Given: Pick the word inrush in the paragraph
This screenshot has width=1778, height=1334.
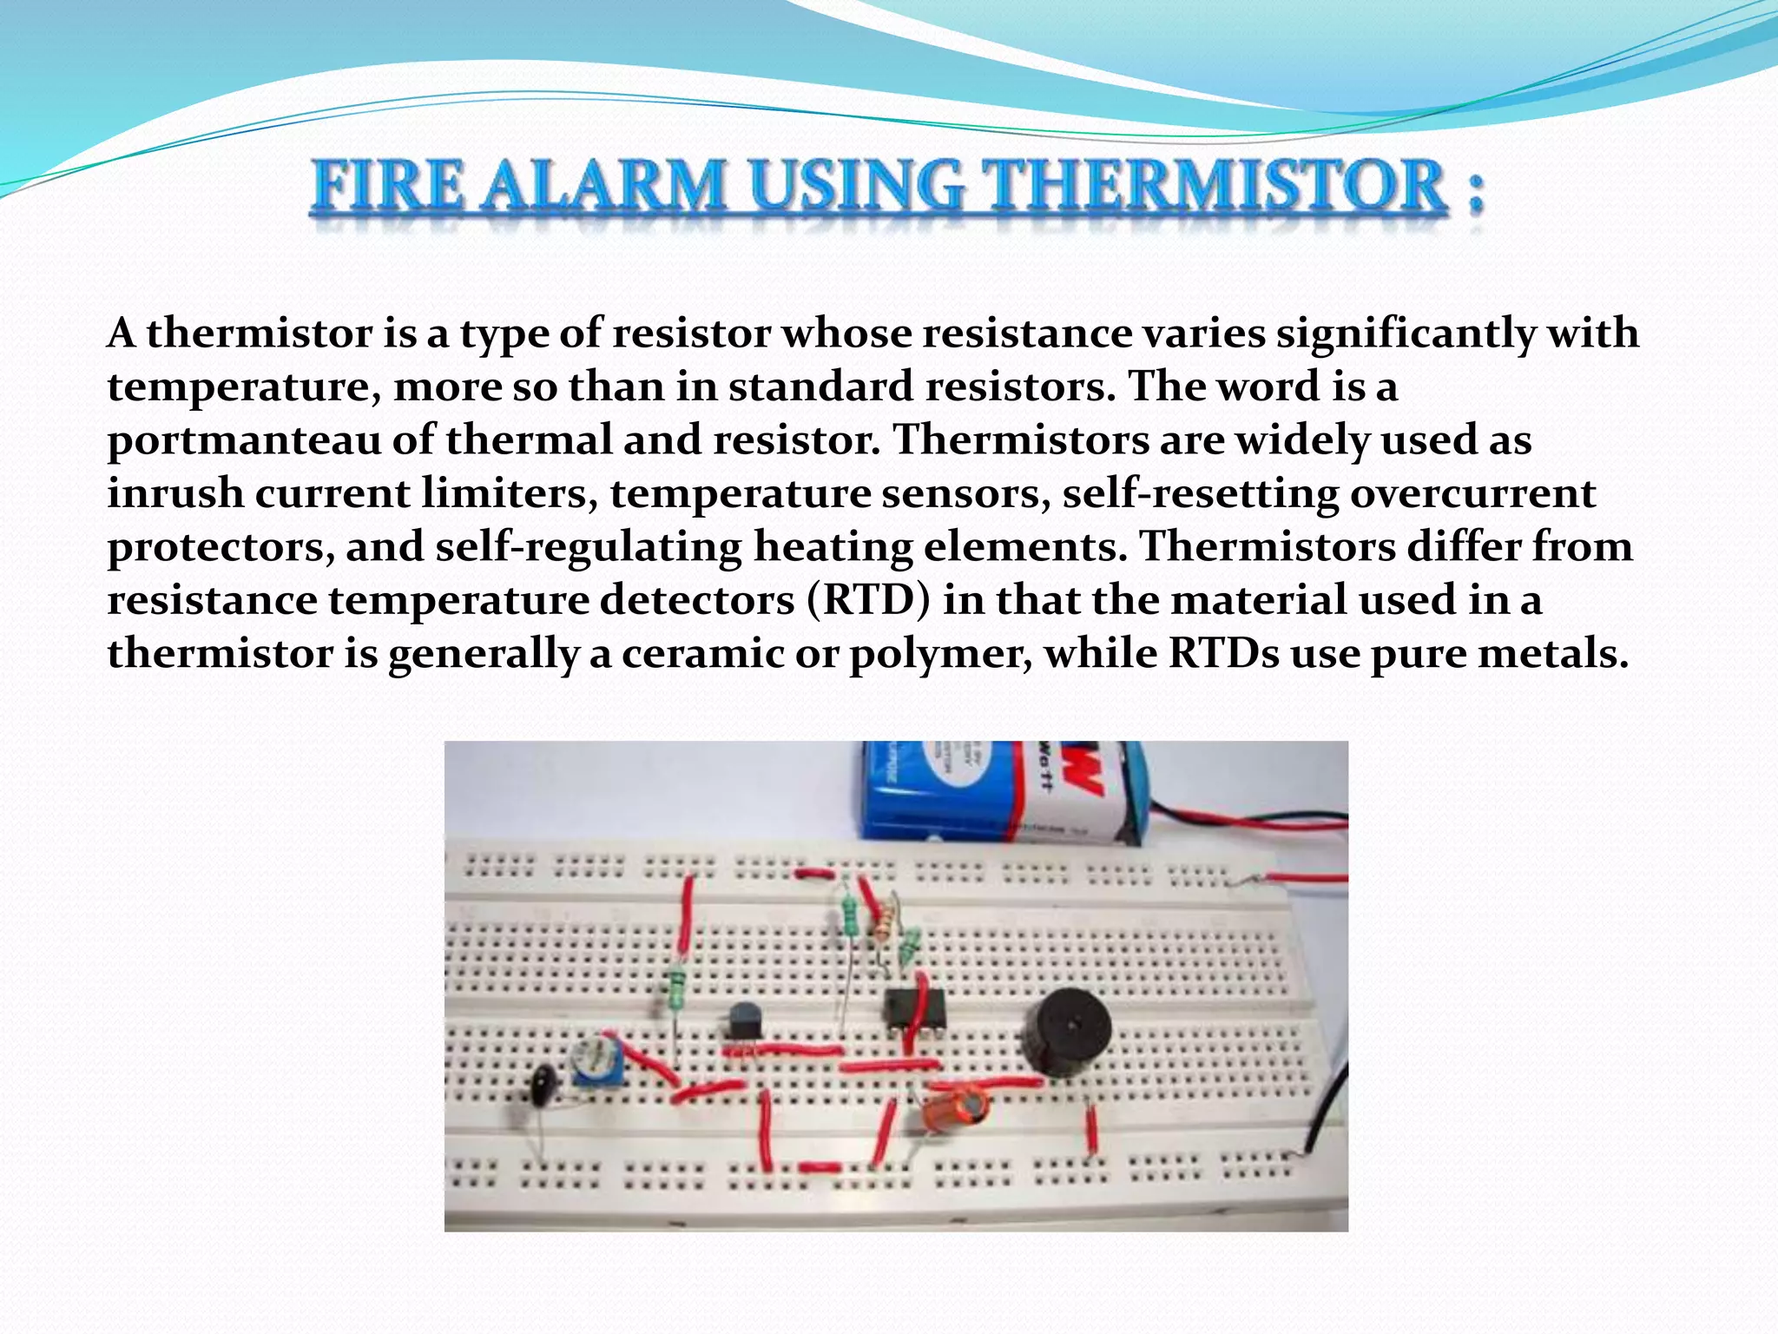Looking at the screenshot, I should coord(175,493).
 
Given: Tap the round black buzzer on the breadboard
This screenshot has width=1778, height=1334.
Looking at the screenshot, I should coord(1066,1034).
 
